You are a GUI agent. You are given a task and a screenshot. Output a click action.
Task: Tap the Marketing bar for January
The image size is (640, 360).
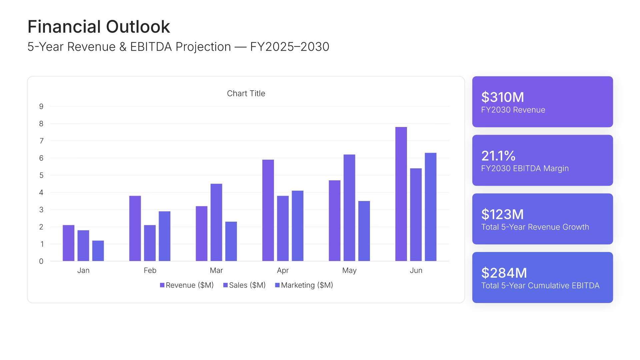pyautogui.click(x=98, y=251)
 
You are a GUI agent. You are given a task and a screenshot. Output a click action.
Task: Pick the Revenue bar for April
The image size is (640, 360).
pyautogui.click(x=268, y=210)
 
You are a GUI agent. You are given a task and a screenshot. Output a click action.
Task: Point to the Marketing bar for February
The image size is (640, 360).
pyautogui.click(x=164, y=236)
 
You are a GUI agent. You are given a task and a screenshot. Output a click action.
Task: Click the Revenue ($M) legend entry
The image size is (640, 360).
pyautogui.click(x=187, y=285)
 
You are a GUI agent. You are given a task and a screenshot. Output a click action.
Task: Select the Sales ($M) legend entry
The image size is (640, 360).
pyautogui.click(x=244, y=285)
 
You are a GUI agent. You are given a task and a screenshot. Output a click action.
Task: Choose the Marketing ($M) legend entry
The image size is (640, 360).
pyautogui.click(x=304, y=285)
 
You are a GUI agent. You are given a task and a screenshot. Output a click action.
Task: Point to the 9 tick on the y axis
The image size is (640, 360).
pyautogui.click(x=41, y=107)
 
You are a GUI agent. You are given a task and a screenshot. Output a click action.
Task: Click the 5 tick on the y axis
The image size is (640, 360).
pyautogui.click(x=41, y=175)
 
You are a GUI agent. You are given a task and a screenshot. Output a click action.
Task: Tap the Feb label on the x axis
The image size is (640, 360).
pyautogui.click(x=150, y=270)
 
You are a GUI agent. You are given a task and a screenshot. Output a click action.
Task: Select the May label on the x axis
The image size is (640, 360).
pyautogui.click(x=349, y=270)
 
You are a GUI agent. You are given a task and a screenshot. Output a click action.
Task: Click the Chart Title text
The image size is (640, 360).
pyautogui.click(x=246, y=94)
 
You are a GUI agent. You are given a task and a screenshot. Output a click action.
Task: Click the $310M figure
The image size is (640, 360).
pyautogui.click(x=503, y=97)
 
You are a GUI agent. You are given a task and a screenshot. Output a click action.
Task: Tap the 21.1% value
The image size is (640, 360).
pyautogui.click(x=498, y=156)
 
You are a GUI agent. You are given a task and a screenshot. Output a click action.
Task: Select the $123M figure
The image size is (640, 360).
pyautogui.click(x=502, y=215)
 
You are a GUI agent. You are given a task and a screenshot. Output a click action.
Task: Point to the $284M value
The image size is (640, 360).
pyautogui.click(x=504, y=273)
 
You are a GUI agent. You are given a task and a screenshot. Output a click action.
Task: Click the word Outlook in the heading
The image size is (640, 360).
pyautogui.click(x=138, y=27)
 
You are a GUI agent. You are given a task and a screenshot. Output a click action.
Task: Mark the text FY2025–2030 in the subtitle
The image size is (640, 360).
pyautogui.click(x=290, y=47)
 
